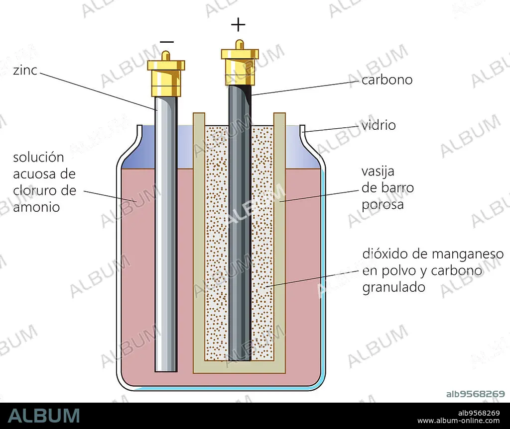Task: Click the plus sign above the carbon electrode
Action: (x=238, y=25)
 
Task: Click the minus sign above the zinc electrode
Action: (x=167, y=42)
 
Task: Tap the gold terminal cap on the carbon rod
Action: (x=240, y=63)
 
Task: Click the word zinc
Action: (x=25, y=70)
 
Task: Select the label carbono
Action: (x=387, y=80)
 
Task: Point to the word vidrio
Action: (x=379, y=125)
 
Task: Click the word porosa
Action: (x=382, y=205)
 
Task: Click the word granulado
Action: (x=393, y=287)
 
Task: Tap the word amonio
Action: (x=36, y=207)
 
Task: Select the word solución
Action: (x=38, y=157)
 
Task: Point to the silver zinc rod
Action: (x=166, y=234)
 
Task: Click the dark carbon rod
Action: (x=240, y=223)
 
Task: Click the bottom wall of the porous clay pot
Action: (x=240, y=367)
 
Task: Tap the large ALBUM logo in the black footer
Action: (x=44, y=416)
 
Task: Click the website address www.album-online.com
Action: (x=458, y=421)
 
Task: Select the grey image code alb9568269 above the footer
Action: (x=475, y=394)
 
